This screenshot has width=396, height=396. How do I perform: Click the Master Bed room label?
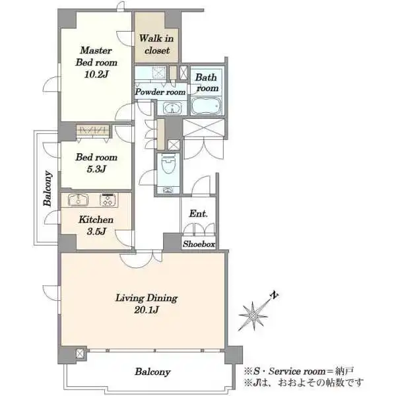[x=96, y=56]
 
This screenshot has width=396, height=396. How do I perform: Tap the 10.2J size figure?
[x=96, y=74]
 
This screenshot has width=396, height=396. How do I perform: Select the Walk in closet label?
[x=156, y=44]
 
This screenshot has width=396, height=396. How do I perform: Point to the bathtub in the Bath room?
[x=206, y=106]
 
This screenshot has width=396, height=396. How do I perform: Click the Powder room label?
[x=160, y=92]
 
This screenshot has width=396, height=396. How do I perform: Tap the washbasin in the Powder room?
[x=172, y=108]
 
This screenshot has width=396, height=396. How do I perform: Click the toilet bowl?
[x=168, y=164]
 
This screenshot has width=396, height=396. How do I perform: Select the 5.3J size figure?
[x=96, y=169]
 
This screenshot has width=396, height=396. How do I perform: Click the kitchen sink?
[x=79, y=200]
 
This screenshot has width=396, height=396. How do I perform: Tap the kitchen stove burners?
[x=109, y=200]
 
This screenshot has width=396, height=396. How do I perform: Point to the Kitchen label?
[x=96, y=220]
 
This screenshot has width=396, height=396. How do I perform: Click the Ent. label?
[x=199, y=214]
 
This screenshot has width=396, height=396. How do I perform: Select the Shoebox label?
[x=199, y=244]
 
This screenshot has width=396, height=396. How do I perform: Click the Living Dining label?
[x=147, y=298]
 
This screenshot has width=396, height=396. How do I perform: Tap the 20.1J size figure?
[x=147, y=310]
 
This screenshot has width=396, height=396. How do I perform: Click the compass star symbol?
[x=253, y=315]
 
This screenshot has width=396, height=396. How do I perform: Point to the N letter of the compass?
[x=275, y=295]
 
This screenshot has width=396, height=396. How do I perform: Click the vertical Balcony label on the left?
[x=48, y=188]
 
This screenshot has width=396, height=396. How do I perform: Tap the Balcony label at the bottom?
[x=152, y=372]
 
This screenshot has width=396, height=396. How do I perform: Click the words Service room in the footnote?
[x=297, y=371]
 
